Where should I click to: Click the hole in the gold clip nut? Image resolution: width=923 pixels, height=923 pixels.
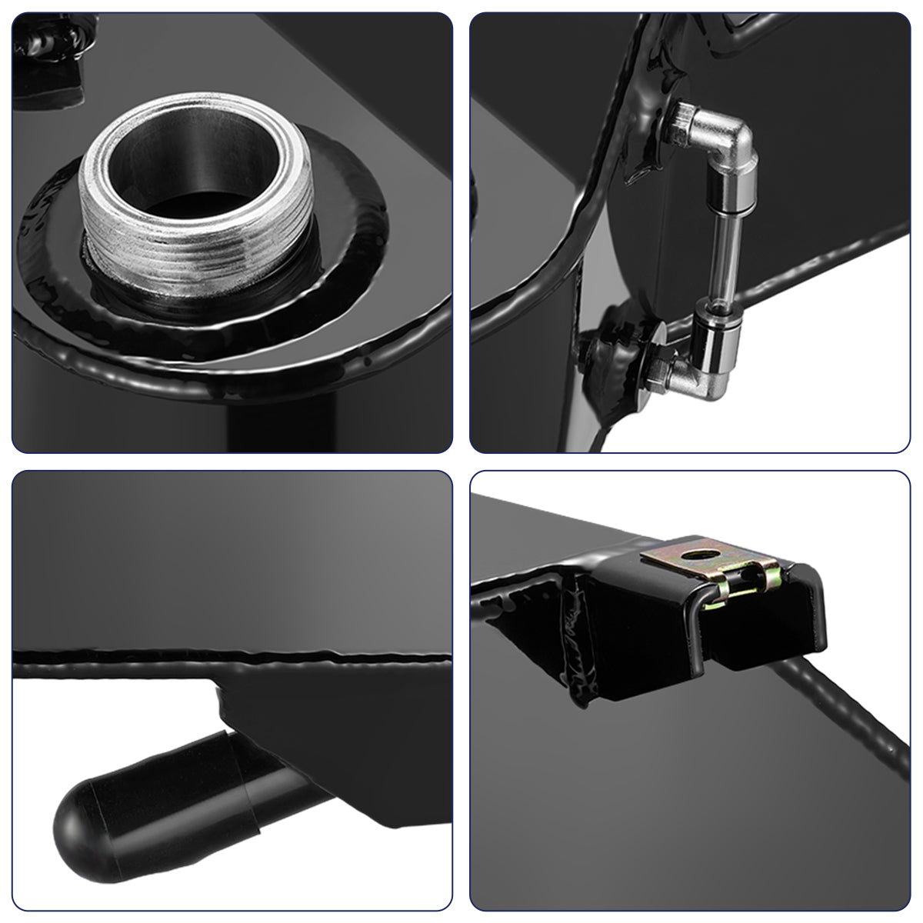click(699, 552)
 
